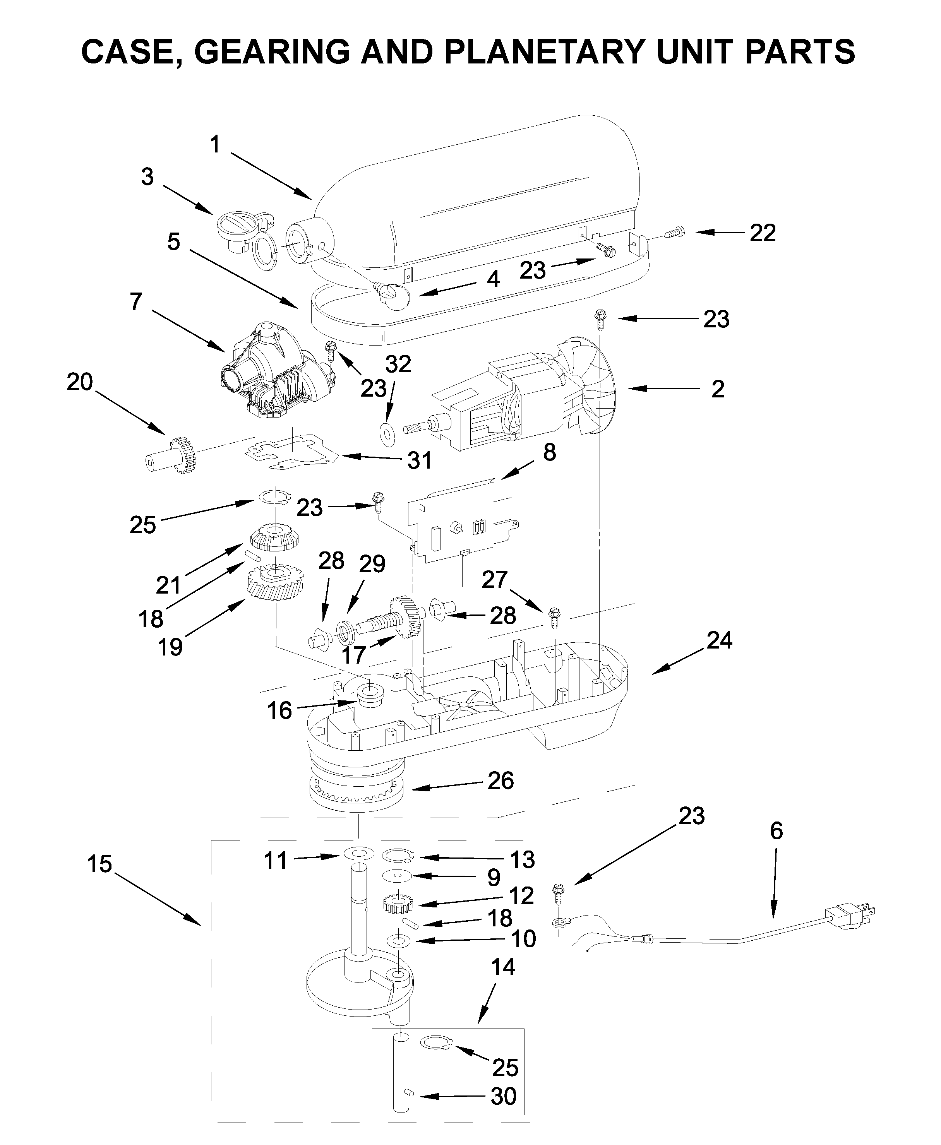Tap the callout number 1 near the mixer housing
215,145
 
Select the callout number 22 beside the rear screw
763,233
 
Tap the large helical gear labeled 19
275,585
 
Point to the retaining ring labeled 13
398,856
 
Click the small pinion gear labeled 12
398,904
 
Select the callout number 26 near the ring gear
500,781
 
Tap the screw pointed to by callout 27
554,617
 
